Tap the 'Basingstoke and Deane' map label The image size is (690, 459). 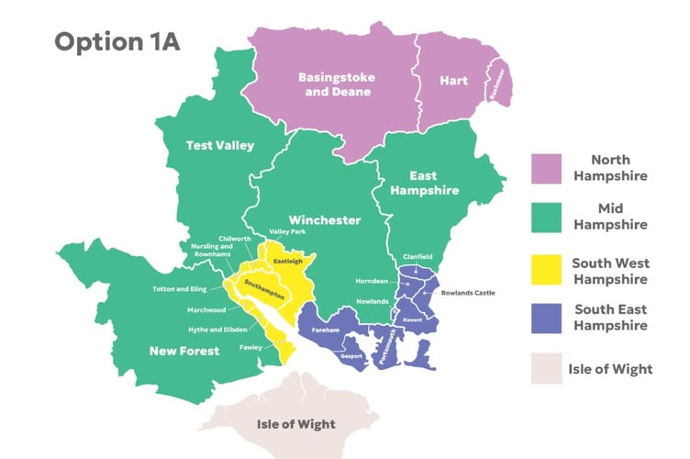pyautogui.click(x=335, y=84)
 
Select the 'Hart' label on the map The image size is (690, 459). pyautogui.click(x=452, y=81)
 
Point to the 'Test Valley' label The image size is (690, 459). pyautogui.click(x=219, y=145)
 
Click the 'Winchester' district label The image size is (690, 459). pyautogui.click(x=324, y=220)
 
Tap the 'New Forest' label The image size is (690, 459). pyautogui.click(x=185, y=351)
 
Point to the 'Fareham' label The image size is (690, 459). pyautogui.click(x=326, y=328)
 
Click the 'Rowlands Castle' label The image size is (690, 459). pyautogui.click(x=468, y=293)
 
